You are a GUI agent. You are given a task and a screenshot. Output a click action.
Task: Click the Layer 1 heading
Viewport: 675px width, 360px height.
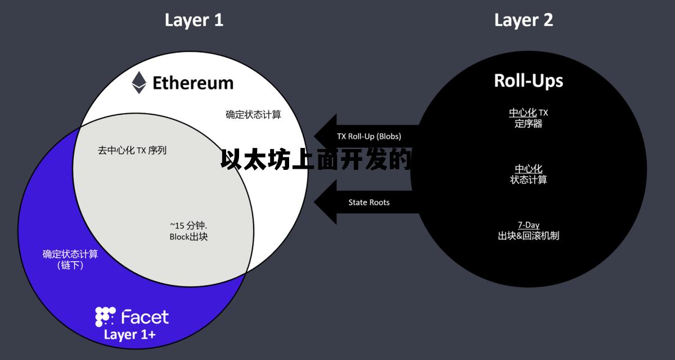[x=193, y=20]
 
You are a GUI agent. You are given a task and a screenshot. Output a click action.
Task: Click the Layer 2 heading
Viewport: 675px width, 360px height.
[x=523, y=20]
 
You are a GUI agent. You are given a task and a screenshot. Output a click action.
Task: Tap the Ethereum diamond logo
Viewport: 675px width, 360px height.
[x=139, y=83]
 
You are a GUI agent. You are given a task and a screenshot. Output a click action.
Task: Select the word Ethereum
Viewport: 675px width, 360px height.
[x=193, y=83]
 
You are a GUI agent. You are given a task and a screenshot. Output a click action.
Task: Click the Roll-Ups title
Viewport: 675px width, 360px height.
[x=528, y=80]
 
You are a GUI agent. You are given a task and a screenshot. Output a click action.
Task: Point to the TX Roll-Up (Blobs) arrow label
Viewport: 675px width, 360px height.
[x=369, y=136]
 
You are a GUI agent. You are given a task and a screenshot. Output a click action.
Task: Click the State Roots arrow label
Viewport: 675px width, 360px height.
[x=369, y=202]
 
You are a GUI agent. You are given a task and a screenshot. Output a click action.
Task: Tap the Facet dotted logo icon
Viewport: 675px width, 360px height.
[x=105, y=317]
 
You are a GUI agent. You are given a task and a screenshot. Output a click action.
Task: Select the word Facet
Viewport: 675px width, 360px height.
[x=145, y=317]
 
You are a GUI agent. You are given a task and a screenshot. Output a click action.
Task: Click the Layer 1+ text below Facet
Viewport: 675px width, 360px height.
[x=130, y=335]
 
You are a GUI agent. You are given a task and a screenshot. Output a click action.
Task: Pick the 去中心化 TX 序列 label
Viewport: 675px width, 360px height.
[x=132, y=150]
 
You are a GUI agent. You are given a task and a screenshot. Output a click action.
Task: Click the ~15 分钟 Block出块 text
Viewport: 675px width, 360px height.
[x=188, y=231]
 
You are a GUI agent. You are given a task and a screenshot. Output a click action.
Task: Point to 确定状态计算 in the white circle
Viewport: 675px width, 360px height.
[x=253, y=115]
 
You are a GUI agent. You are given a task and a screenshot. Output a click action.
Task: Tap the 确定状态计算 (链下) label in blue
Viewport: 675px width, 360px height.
[x=70, y=259]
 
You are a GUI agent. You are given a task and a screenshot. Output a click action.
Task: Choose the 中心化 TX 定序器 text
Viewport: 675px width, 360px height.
[x=528, y=118]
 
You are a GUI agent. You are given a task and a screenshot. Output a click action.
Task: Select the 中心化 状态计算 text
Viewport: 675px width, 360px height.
[x=528, y=174]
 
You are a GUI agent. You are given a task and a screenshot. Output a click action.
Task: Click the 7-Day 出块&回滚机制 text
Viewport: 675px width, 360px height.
[x=528, y=231]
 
